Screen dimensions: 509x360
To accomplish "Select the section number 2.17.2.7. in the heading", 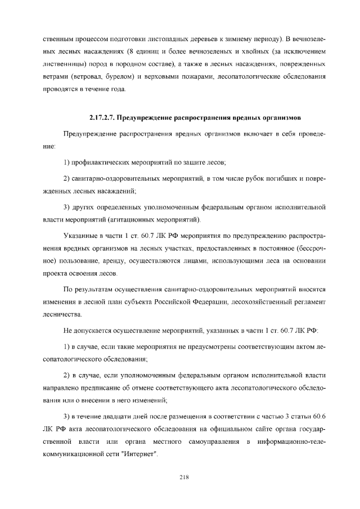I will coord(104,118).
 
